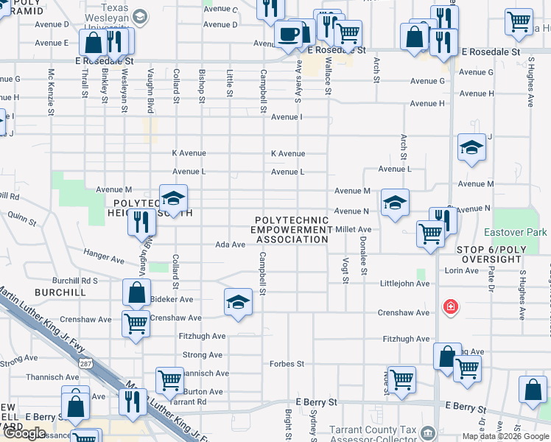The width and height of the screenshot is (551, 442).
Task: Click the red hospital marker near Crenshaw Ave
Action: click(x=449, y=306)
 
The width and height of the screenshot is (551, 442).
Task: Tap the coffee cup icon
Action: click(x=287, y=33)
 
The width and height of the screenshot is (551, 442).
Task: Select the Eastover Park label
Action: click(x=522, y=232)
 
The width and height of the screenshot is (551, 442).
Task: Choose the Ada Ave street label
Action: click(x=230, y=245)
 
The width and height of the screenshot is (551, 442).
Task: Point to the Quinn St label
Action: click(x=22, y=219)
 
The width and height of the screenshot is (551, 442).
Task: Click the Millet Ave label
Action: click(x=353, y=230)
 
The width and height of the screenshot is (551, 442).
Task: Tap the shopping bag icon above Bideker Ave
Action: click(x=137, y=292)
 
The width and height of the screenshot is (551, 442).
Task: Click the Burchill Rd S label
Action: click(x=74, y=281)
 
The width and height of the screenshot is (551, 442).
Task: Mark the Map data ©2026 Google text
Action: click(x=505, y=437)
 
